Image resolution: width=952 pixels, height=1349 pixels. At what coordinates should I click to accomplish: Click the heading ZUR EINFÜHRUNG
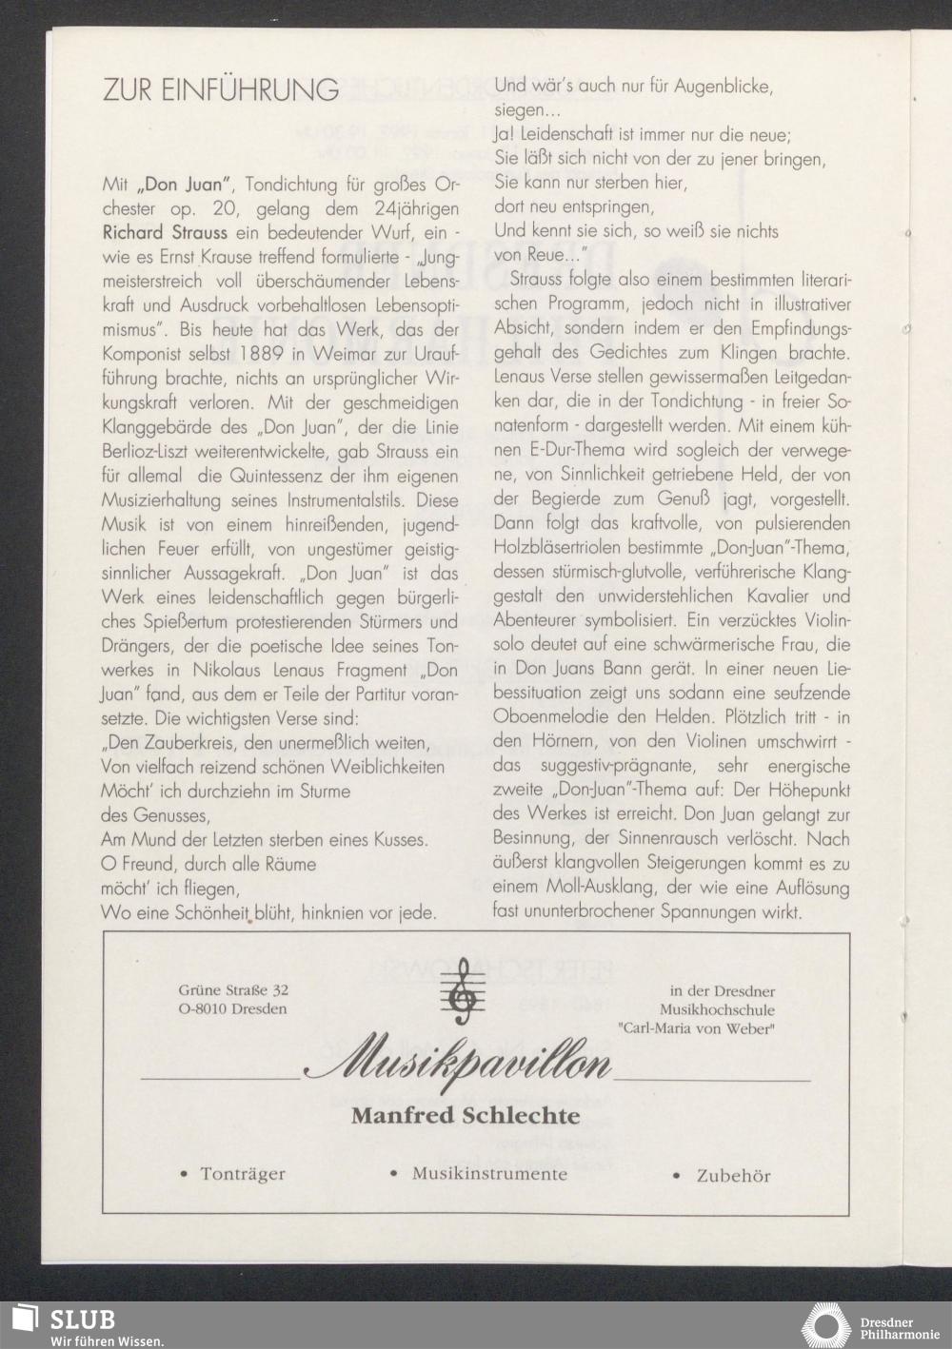[x=220, y=90]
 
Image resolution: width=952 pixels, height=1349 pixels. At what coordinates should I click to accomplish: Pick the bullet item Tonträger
[x=242, y=1174]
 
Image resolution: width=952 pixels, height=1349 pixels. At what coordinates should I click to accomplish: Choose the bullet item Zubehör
[x=732, y=1176]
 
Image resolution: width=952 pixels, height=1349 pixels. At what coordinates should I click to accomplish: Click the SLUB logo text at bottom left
[x=83, y=1319]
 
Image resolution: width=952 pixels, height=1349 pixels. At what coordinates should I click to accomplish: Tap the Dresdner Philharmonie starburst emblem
[x=827, y=1325]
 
